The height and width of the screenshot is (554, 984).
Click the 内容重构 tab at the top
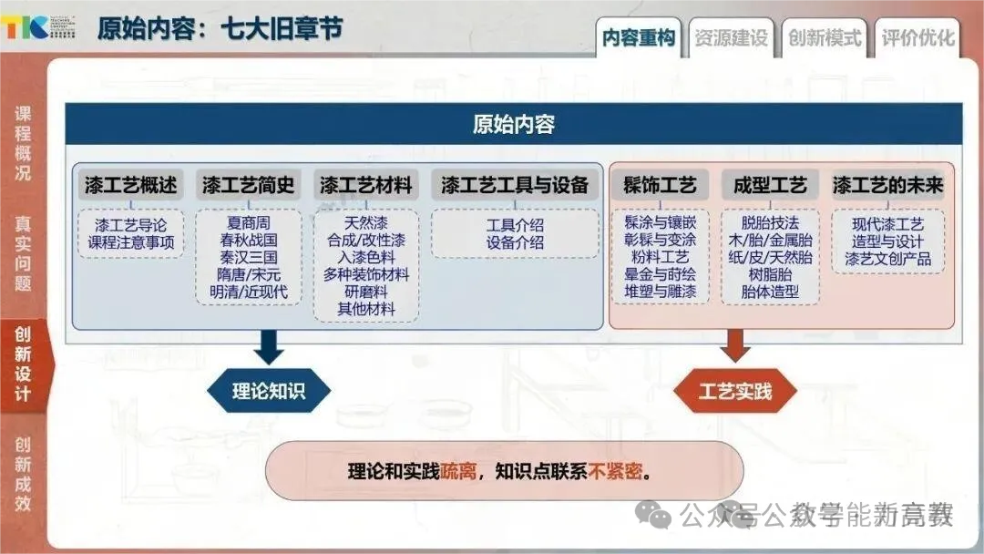639,38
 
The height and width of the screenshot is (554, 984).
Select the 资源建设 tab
731,38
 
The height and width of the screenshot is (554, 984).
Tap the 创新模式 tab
825,38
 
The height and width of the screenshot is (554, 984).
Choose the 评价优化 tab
917,38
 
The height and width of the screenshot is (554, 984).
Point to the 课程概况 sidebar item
23,144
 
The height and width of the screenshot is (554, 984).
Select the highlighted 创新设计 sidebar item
23,364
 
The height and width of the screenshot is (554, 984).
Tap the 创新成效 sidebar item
23,474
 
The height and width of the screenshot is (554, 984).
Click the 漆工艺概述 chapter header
130,185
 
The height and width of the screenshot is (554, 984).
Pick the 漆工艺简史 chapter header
249,185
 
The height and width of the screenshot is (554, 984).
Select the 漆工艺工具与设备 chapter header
515,185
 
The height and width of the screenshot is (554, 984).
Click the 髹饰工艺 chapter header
660,185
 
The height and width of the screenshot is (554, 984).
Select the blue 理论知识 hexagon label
269,392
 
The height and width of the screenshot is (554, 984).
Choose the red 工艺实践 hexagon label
734,392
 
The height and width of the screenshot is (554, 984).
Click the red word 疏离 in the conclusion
458,472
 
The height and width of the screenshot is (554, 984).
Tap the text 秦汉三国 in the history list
248,257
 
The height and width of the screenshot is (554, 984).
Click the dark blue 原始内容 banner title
514,124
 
